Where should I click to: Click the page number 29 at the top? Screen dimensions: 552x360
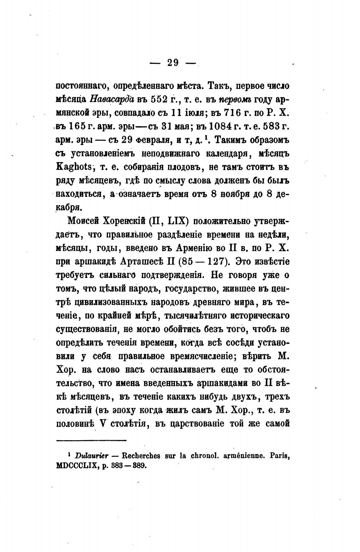pos(173,63)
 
